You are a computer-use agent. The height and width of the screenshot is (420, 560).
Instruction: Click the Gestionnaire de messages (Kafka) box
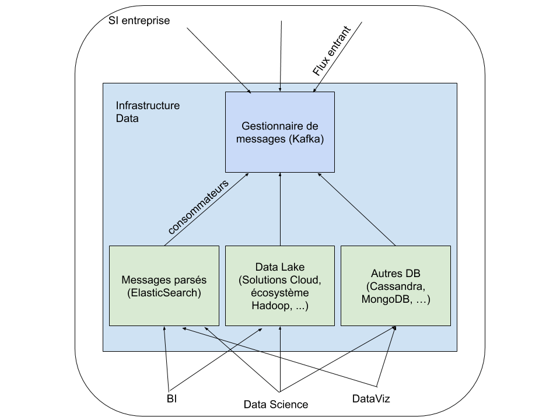click(x=280, y=132)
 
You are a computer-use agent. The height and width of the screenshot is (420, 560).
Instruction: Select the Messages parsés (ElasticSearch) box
click(x=164, y=285)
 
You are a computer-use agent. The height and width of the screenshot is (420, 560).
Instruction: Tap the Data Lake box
click(x=280, y=285)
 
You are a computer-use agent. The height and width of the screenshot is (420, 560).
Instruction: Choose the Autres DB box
click(x=395, y=285)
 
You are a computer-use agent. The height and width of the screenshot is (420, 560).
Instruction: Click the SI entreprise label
click(x=139, y=21)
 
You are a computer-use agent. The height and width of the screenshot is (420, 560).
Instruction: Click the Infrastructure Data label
click(x=148, y=111)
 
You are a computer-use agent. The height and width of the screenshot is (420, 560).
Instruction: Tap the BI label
click(x=171, y=399)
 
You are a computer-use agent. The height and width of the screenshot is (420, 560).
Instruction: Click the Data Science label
click(x=276, y=404)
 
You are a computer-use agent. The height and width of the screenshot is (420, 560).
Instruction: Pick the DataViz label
click(x=371, y=399)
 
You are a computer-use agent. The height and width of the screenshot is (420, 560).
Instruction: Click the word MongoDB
click(x=386, y=300)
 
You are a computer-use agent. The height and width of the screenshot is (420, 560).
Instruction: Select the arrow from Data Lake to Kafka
click(x=281, y=210)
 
